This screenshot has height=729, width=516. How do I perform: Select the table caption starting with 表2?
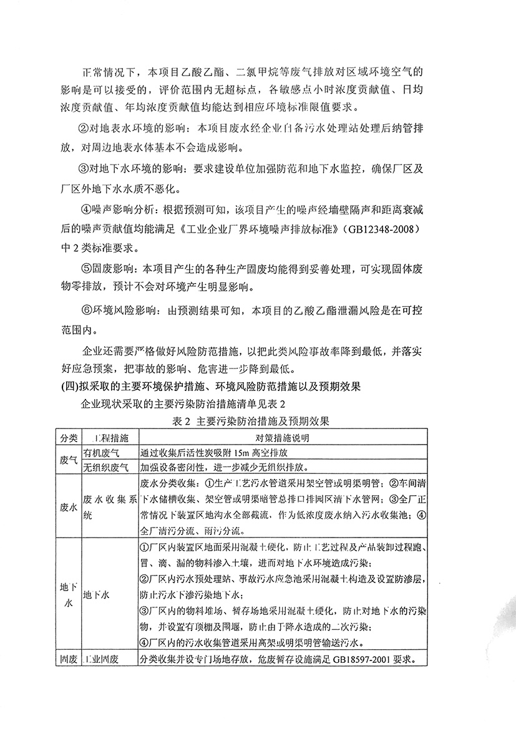tap(258, 421)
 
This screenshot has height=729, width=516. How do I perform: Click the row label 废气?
tap(67, 460)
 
